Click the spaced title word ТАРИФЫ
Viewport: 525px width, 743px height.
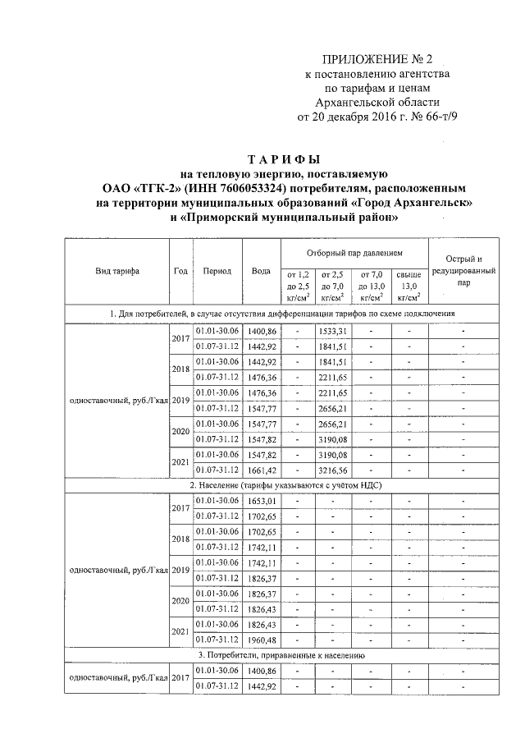coord(283,158)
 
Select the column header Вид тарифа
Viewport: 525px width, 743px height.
coord(116,271)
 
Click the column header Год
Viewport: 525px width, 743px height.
coord(180,271)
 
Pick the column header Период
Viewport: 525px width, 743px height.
coord(217,271)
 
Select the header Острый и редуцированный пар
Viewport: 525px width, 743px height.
coord(464,271)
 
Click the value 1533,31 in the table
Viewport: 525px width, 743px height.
coord(334,330)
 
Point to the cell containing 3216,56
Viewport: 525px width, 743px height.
coord(334,470)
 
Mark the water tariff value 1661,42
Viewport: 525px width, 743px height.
coord(263,470)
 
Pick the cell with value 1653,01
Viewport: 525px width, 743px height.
coord(263,501)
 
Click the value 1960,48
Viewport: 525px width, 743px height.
coord(263,640)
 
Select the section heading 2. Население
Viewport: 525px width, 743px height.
coord(283,485)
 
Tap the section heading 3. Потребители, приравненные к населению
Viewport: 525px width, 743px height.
coord(283,655)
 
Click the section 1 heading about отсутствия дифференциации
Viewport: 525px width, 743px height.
coord(283,314)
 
